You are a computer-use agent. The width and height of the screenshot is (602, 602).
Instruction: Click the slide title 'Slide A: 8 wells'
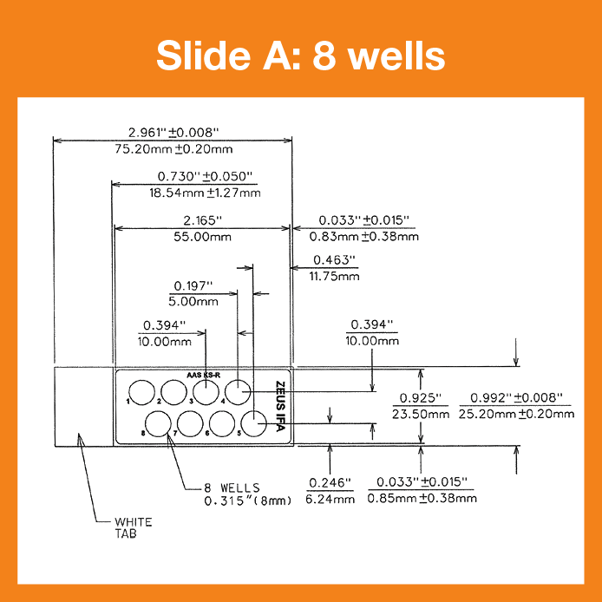pyautogui.click(x=301, y=56)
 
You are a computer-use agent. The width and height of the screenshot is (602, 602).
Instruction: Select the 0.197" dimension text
pyautogui.click(x=193, y=285)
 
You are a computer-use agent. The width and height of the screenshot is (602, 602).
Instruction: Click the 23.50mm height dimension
pyautogui.click(x=421, y=414)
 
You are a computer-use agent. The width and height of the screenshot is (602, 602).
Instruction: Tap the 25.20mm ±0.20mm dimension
pyautogui.click(x=516, y=414)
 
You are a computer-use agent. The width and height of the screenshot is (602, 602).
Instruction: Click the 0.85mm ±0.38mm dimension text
pyautogui.click(x=422, y=498)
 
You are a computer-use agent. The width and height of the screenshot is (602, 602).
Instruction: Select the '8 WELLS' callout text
pyautogui.click(x=232, y=487)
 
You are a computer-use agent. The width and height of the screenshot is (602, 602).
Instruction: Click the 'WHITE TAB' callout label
pyautogui.click(x=134, y=527)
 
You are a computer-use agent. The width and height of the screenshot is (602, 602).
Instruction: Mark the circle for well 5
pyautogui.click(x=253, y=422)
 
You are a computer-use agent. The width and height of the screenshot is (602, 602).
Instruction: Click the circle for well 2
pyautogui.click(x=173, y=391)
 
